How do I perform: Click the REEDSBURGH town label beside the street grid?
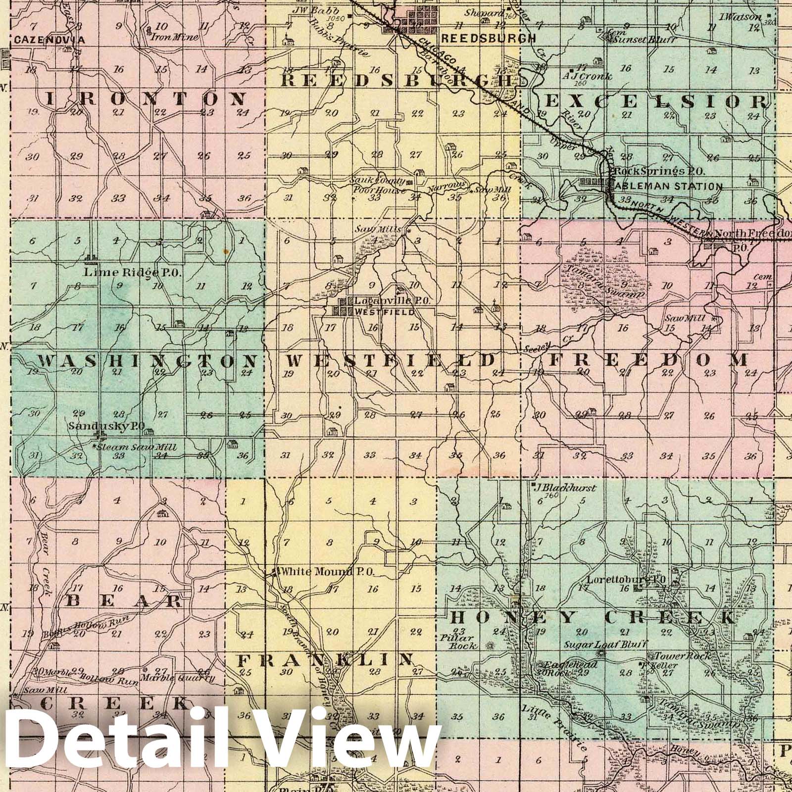(x=481, y=38)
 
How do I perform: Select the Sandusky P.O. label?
(x=106, y=425)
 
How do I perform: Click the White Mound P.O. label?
(x=328, y=572)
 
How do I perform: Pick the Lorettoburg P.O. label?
(x=626, y=579)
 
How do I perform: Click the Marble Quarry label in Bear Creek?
(x=177, y=678)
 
